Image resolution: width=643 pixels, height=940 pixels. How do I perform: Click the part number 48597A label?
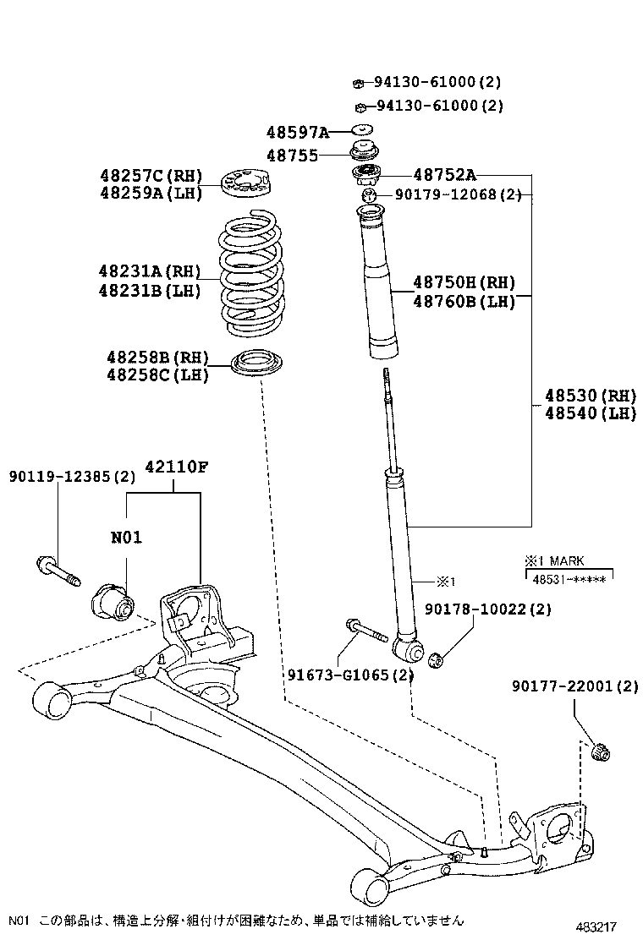tap(297, 132)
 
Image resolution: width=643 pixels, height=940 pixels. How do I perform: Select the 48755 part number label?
tap(292, 156)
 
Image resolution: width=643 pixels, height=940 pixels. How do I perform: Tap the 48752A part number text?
tap(444, 175)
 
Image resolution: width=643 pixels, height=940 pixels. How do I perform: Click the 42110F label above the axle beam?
tap(176, 466)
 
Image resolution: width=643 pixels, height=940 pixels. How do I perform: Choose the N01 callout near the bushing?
tap(125, 537)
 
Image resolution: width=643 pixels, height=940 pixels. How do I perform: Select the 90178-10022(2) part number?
tap(488, 609)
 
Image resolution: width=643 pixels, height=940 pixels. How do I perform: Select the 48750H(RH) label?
tap(464, 282)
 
